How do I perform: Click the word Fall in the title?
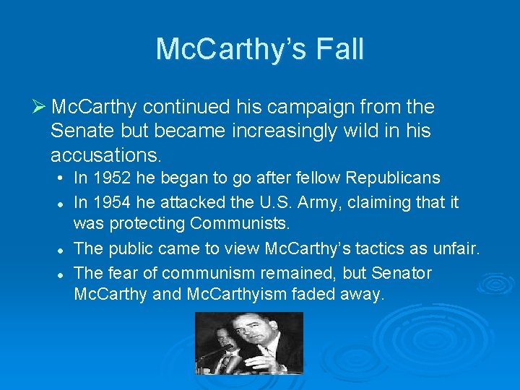tap(339, 49)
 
